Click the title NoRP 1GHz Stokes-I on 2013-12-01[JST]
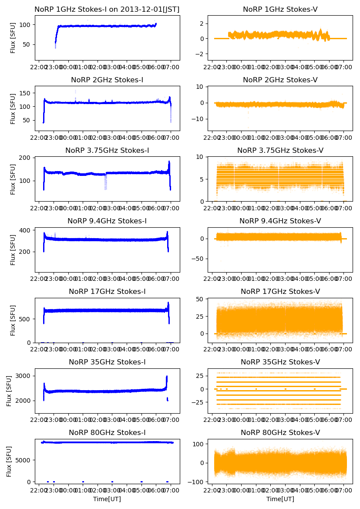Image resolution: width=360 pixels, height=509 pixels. (x=107, y=9)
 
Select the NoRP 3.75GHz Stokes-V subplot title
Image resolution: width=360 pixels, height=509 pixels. (x=280, y=151)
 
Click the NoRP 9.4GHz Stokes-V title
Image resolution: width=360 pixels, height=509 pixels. (x=280, y=221)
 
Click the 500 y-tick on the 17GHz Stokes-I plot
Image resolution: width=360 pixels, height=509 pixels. (x=26, y=319)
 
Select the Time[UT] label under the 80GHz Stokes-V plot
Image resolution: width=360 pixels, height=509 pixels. (x=280, y=499)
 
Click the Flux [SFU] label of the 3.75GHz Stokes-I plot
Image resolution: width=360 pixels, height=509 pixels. (x=13, y=179)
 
